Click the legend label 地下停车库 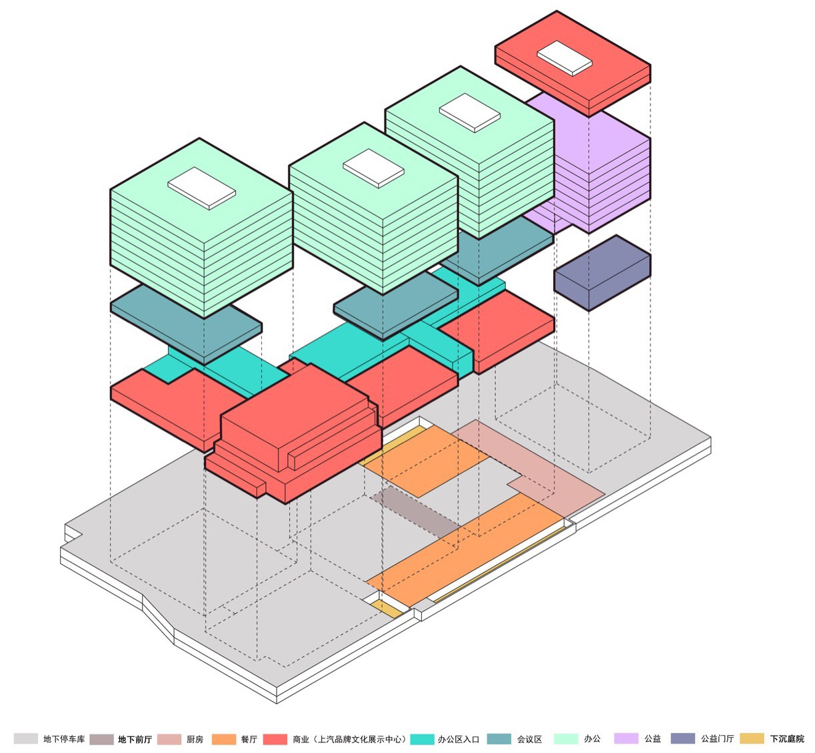64,739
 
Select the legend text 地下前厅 135,739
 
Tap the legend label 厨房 195,739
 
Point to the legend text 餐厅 249,739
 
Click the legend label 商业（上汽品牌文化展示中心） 349,739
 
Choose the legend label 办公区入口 458,739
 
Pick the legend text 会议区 529,739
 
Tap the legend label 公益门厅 717,738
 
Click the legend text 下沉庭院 787,738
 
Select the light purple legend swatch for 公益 626,738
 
